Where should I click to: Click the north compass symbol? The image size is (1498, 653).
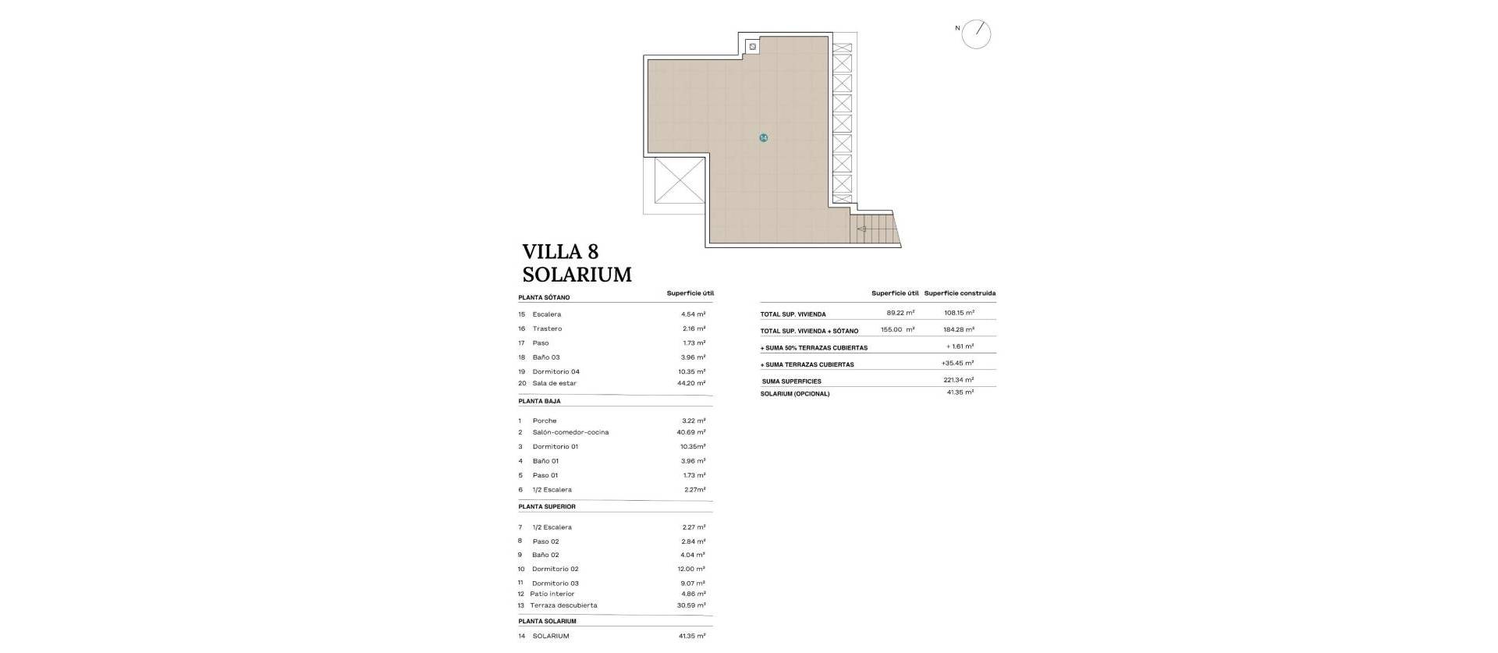(975, 34)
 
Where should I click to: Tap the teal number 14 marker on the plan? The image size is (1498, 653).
(763, 138)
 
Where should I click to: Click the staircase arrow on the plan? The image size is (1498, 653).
(862, 229)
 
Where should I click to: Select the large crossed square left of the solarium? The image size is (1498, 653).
(679, 180)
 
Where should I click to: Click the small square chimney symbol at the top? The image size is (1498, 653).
(752, 48)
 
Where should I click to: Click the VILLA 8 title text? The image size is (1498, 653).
(560, 252)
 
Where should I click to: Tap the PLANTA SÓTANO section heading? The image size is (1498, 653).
(544, 298)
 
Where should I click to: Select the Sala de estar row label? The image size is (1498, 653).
(554, 384)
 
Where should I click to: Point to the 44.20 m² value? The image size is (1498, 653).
(693, 384)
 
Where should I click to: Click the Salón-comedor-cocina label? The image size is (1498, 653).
(570, 432)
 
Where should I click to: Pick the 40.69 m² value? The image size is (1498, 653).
(693, 432)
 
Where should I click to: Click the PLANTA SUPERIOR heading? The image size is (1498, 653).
(547, 507)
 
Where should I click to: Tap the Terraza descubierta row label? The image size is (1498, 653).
(563, 606)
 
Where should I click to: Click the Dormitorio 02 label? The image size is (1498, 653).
(555, 570)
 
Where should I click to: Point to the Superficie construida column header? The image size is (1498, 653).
(960, 294)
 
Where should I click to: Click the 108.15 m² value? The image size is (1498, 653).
(959, 313)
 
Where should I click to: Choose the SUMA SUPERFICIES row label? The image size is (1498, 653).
(791, 382)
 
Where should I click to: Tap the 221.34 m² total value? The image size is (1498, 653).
(958, 380)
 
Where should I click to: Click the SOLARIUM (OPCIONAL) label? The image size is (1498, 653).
(794, 394)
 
